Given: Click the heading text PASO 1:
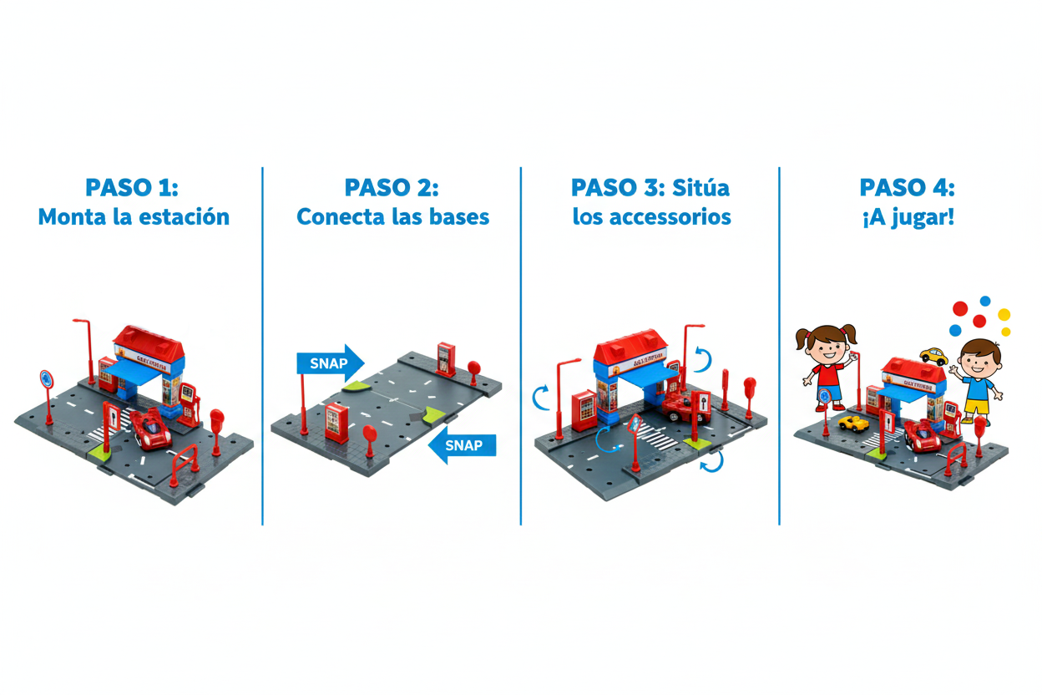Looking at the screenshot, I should click(x=134, y=185).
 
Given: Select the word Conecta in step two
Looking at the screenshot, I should click(x=337, y=217).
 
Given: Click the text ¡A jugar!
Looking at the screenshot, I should click(x=907, y=217).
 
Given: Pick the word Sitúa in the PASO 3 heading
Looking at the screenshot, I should click(x=701, y=185).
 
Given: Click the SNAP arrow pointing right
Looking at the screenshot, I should click(x=329, y=363).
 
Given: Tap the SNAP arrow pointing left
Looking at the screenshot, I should click(x=463, y=445).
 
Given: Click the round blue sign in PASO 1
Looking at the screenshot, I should click(x=46, y=378).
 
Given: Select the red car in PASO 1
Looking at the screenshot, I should click(x=152, y=429).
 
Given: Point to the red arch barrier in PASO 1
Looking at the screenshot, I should click(x=185, y=462).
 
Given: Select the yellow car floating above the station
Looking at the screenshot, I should click(x=933, y=357).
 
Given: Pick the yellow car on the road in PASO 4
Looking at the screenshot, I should click(x=853, y=423).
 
